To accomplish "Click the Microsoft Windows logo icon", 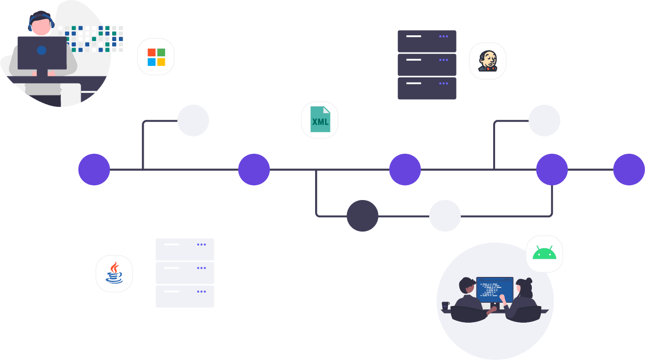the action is pyautogui.click(x=156, y=57).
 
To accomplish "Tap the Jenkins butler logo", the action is pyautogui.click(x=488, y=61).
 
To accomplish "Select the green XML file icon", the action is pyautogui.click(x=320, y=119).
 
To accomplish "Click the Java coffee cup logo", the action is pyautogui.click(x=114, y=273).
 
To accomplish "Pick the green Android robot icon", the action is pyautogui.click(x=544, y=253).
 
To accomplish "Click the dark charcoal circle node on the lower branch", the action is pyautogui.click(x=362, y=216).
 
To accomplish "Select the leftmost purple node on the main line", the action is pyautogui.click(x=94, y=169).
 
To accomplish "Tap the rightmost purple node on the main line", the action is pyautogui.click(x=629, y=169).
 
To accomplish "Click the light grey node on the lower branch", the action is pyautogui.click(x=445, y=216).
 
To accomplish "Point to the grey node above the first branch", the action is pyautogui.click(x=193, y=120).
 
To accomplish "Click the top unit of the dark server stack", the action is pyautogui.click(x=427, y=41).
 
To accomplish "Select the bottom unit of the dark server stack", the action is pyautogui.click(x=427, y=88).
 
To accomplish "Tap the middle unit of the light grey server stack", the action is pyautogui.click(x=185, y=273).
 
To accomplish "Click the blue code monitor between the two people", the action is pyautogui.click(x=495, y=290).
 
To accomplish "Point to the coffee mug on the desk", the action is pyautogui.click(x=445, y=306).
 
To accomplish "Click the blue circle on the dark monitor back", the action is pyautogui.click(x=42, y=51).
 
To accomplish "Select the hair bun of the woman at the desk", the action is pyautogui.click(x=529, y=281).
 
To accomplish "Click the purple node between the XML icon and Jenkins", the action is pyautogui.click(x=405, y=169).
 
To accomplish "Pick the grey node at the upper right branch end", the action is pyautogui.click(x=544, y=120).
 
